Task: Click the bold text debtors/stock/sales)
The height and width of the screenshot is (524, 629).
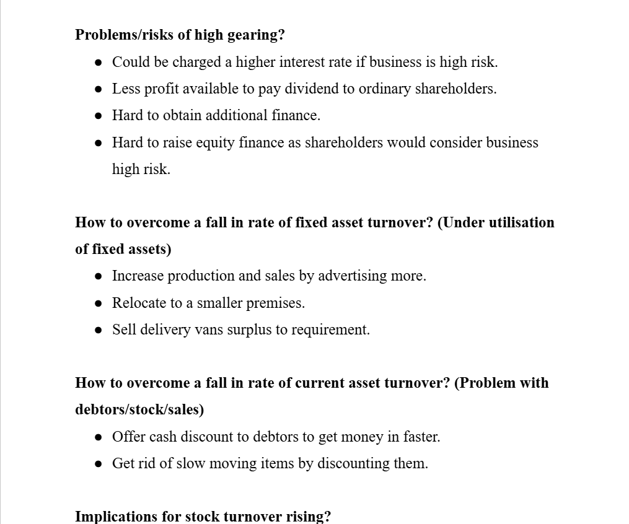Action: [139, 409]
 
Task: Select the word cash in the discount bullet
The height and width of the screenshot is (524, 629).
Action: [162, 437]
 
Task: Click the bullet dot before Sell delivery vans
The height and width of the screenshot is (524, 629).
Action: [99, 330]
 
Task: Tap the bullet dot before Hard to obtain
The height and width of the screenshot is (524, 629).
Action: [99, 116]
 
